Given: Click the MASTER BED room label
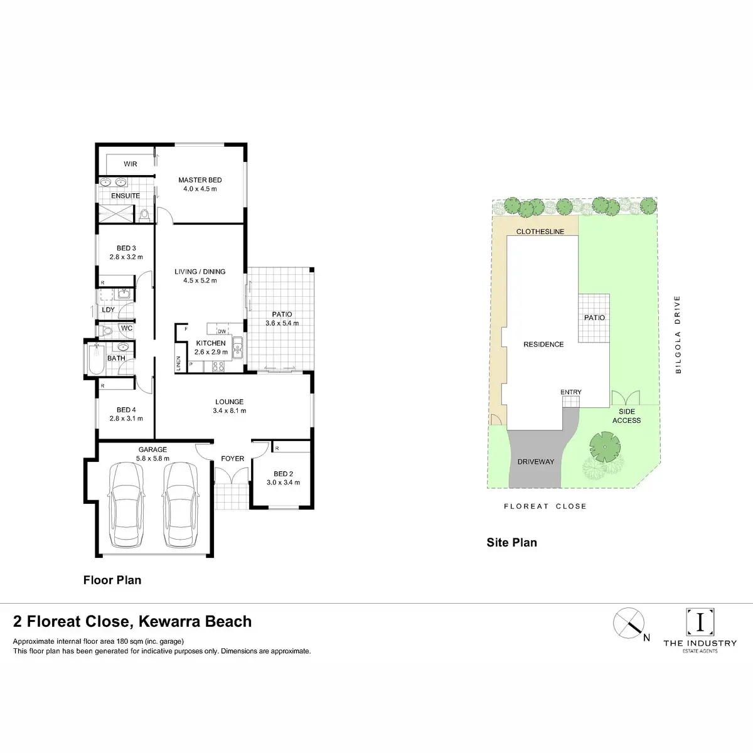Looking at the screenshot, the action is [200, 180].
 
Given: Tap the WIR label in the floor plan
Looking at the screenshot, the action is [130, 164].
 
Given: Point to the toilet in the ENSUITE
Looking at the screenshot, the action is [146, 215].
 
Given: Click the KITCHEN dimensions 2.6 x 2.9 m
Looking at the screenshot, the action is [211, 352].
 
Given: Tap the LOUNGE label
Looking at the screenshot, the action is [229, 402].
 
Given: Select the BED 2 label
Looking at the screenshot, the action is [283, 474].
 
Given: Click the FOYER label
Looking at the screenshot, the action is [232, 459].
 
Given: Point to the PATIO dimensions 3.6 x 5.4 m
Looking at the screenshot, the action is [282, 323].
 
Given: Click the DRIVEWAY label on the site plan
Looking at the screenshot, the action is [535, 462].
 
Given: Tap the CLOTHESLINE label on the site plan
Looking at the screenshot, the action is [540, 232].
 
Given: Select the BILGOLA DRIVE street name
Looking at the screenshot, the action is [678, 335].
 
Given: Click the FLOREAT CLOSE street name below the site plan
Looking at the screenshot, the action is [545, 506].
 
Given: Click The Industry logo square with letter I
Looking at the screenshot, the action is [700, 622].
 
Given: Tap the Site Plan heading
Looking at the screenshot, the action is [511, 542].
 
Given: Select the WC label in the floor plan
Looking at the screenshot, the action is [126, 328].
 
